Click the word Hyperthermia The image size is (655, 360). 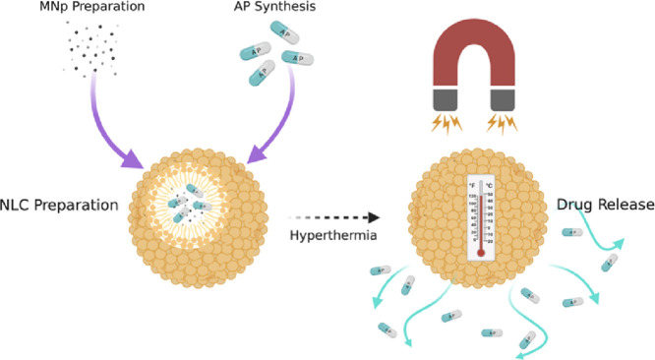pyautogui.click(x=329, y=236)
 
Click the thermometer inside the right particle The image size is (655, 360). pyautogui.click(x=481, y=218)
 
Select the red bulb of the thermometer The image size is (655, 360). pyautogui.click(x=481, y=251)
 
